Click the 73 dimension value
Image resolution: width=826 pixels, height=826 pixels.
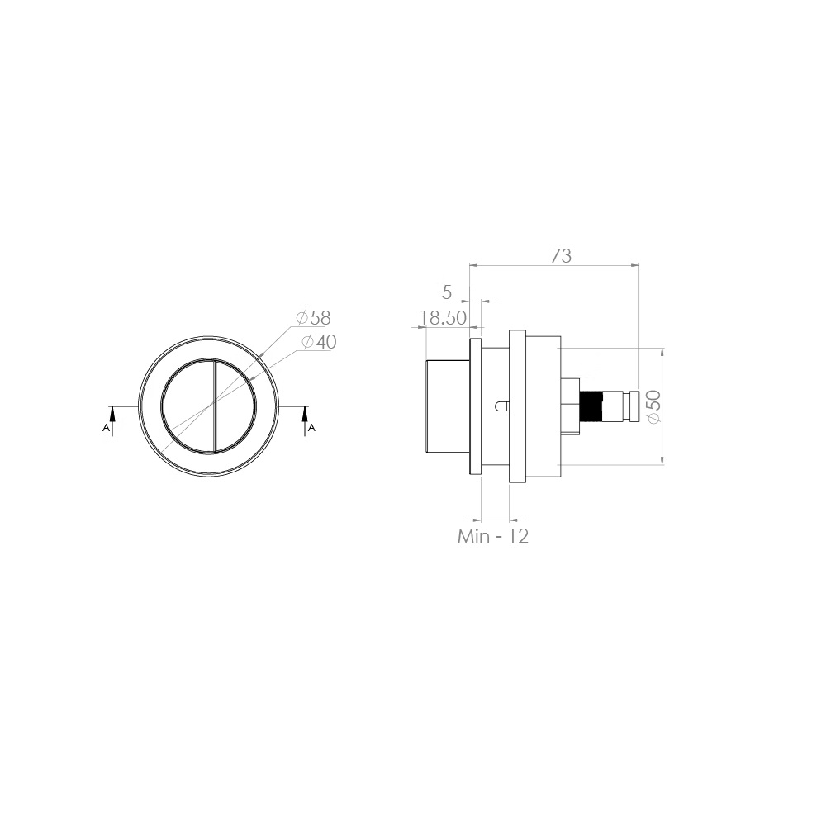pos(561,256)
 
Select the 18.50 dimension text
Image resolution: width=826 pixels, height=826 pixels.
pos(443,318)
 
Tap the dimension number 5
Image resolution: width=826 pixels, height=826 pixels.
pos(447,292)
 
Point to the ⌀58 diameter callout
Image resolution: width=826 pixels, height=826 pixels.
pos(313,318)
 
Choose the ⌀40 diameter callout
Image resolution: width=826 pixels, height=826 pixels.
pos(319,342)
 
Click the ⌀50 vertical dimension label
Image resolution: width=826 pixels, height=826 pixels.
pos(653,406)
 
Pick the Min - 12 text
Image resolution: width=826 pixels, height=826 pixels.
pos(492,536)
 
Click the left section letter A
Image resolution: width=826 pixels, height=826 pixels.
pos(106,428)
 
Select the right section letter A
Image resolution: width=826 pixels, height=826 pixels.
pos(311,428)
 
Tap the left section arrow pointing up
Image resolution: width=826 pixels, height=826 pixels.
pos(112,420)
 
